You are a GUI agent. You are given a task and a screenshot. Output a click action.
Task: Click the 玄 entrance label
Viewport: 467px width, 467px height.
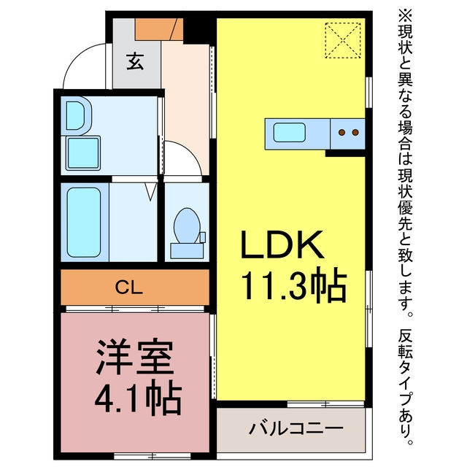[x=135, y=61]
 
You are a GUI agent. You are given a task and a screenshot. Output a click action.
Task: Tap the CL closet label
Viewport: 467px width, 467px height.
[x=129, y=287]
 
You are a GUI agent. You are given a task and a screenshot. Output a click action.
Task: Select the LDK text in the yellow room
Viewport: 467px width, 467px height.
[x=282, y=245]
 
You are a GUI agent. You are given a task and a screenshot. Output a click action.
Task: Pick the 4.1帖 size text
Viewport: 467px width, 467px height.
[x=138, y=398]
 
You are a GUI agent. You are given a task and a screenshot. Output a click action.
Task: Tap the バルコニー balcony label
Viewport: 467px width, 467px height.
[x=296, y=428]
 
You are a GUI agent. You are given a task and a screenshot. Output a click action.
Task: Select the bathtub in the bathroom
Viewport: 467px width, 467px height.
[x=83, y=222]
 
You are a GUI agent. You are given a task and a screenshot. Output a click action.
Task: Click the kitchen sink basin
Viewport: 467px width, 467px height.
[x=290, y=132]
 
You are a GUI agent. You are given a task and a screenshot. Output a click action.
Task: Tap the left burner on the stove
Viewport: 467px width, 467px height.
[x=342, y=132]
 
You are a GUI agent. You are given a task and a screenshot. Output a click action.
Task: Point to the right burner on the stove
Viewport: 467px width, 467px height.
[x=355, y=132]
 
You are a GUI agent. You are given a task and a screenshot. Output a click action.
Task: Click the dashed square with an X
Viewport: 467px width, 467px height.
[x=343, y=40]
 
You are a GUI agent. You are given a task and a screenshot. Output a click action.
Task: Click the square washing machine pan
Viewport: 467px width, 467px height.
[x=83, y=153]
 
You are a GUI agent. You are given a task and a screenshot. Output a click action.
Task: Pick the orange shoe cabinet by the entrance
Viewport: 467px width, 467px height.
[x=159, y=29]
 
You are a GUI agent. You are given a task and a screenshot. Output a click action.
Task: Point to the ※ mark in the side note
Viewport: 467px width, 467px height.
[x=406, y=16]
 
